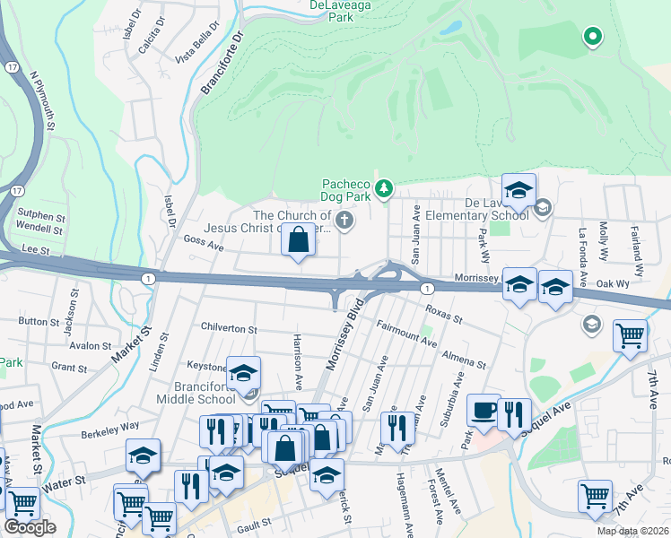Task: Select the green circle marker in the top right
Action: [x=592, y=37]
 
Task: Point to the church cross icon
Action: [x=343, y=221]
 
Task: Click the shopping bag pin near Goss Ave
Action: [x=298, y=241]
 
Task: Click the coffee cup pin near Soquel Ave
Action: [x=484, y=411]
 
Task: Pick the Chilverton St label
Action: [x=229, y=329]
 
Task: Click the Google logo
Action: [x=30, y=527]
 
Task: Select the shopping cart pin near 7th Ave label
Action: [x=630, y=336]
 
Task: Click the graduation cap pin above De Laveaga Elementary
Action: [x=518, y=190]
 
